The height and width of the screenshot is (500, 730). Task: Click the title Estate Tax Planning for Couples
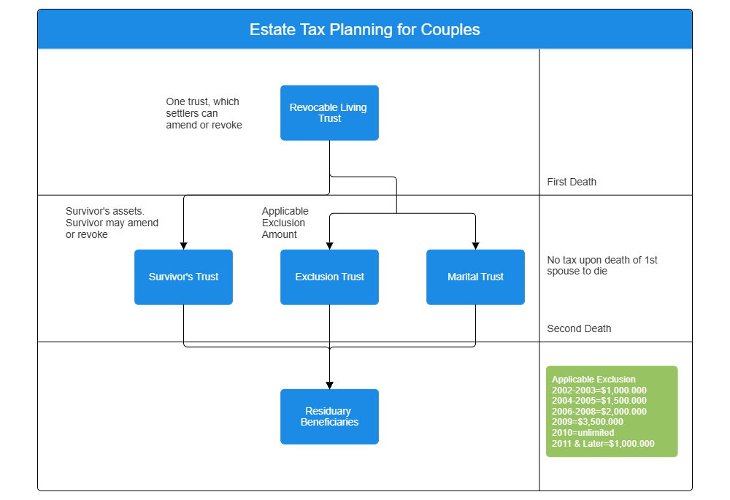[364, 30]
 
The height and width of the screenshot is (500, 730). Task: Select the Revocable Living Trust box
[329, 113]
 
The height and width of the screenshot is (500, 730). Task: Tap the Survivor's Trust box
[183, 277]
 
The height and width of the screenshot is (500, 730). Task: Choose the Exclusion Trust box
[329, 277]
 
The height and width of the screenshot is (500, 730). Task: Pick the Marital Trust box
[475, 277]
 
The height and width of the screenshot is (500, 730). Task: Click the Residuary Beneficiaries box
[329, 417]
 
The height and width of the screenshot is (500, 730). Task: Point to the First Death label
[572, 182]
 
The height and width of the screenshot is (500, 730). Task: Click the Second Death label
[579, 328]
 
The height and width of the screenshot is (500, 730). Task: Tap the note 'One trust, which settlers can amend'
[204, 113]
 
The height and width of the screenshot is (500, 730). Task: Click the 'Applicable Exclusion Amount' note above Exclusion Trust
[285, 223]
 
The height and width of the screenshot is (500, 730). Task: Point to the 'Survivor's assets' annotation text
[112, 223]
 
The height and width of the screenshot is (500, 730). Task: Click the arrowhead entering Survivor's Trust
[183, 245]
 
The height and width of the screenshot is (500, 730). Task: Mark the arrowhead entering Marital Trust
[475, 245]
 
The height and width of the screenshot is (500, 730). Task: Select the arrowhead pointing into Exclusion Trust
[329, 245]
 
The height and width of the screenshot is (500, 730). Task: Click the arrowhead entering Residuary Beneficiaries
[329, 385]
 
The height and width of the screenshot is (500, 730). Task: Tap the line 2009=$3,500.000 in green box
[588, 422]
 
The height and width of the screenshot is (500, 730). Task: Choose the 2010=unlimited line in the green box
[583, 433]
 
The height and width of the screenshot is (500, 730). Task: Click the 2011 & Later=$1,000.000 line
[603, 443]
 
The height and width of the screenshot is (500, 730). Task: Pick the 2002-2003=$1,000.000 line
[599, 391]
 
